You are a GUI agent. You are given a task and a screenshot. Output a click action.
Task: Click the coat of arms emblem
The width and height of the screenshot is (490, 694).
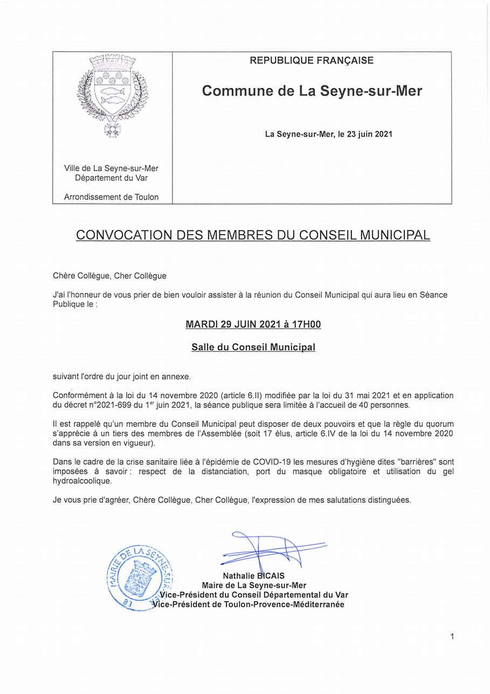(113, 94)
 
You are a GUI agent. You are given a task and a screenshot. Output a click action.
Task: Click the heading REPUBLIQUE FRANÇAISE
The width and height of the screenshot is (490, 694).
(312, 60)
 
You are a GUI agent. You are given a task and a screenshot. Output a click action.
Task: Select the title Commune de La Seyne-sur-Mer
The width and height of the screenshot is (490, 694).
(312, 91)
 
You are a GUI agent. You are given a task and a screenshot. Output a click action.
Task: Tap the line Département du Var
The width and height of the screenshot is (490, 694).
(111, 178)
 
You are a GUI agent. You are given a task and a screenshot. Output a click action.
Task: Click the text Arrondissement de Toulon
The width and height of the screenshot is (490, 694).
(111, 197)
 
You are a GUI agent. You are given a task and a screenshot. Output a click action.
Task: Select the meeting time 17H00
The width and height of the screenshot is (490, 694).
(306, 324)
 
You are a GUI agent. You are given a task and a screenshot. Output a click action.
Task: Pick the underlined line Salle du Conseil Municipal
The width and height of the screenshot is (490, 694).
(253, 347)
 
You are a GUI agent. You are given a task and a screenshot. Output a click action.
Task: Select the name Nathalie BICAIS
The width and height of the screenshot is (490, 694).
(253, 576)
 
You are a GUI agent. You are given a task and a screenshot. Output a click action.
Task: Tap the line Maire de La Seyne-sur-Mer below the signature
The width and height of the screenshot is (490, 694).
(254, 586)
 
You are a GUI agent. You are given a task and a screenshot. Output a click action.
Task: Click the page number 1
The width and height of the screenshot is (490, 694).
(452, 637)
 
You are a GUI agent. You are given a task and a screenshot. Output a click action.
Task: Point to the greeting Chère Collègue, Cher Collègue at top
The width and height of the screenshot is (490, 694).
(109, 276)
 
